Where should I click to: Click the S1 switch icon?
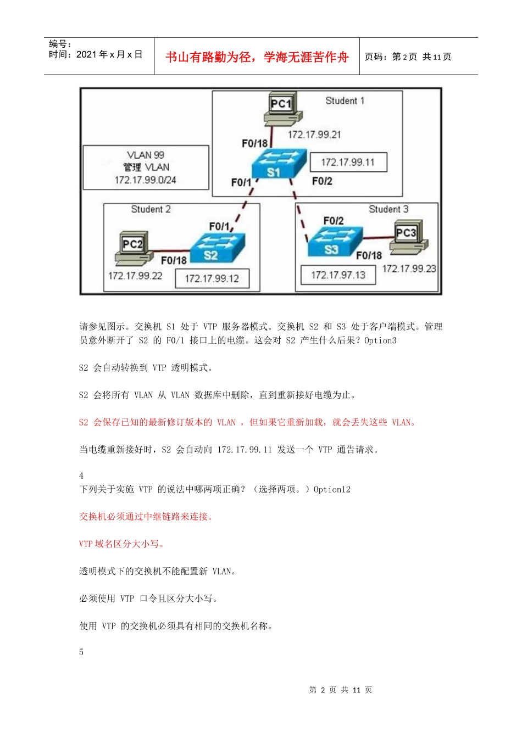tap(278, 164)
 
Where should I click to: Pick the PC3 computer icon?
tap(408, 239)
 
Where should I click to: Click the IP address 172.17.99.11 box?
tap(348, 163)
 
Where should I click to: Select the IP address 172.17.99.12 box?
tap(212, 278)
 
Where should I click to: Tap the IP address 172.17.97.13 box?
tap(338, 275)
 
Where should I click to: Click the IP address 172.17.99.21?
tap(314, 135)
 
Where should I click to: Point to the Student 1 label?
tap(345, 100)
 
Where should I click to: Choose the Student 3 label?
tap(388, 209)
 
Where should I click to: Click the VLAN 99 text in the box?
tap(146, 155)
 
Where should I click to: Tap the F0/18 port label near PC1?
tap(254, 143)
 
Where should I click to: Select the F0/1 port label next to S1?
tap(241, 182)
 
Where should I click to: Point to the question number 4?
tap(81, 476)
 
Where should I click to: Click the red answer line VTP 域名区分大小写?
tap(121, 544)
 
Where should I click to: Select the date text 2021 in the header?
tap(86, 54)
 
